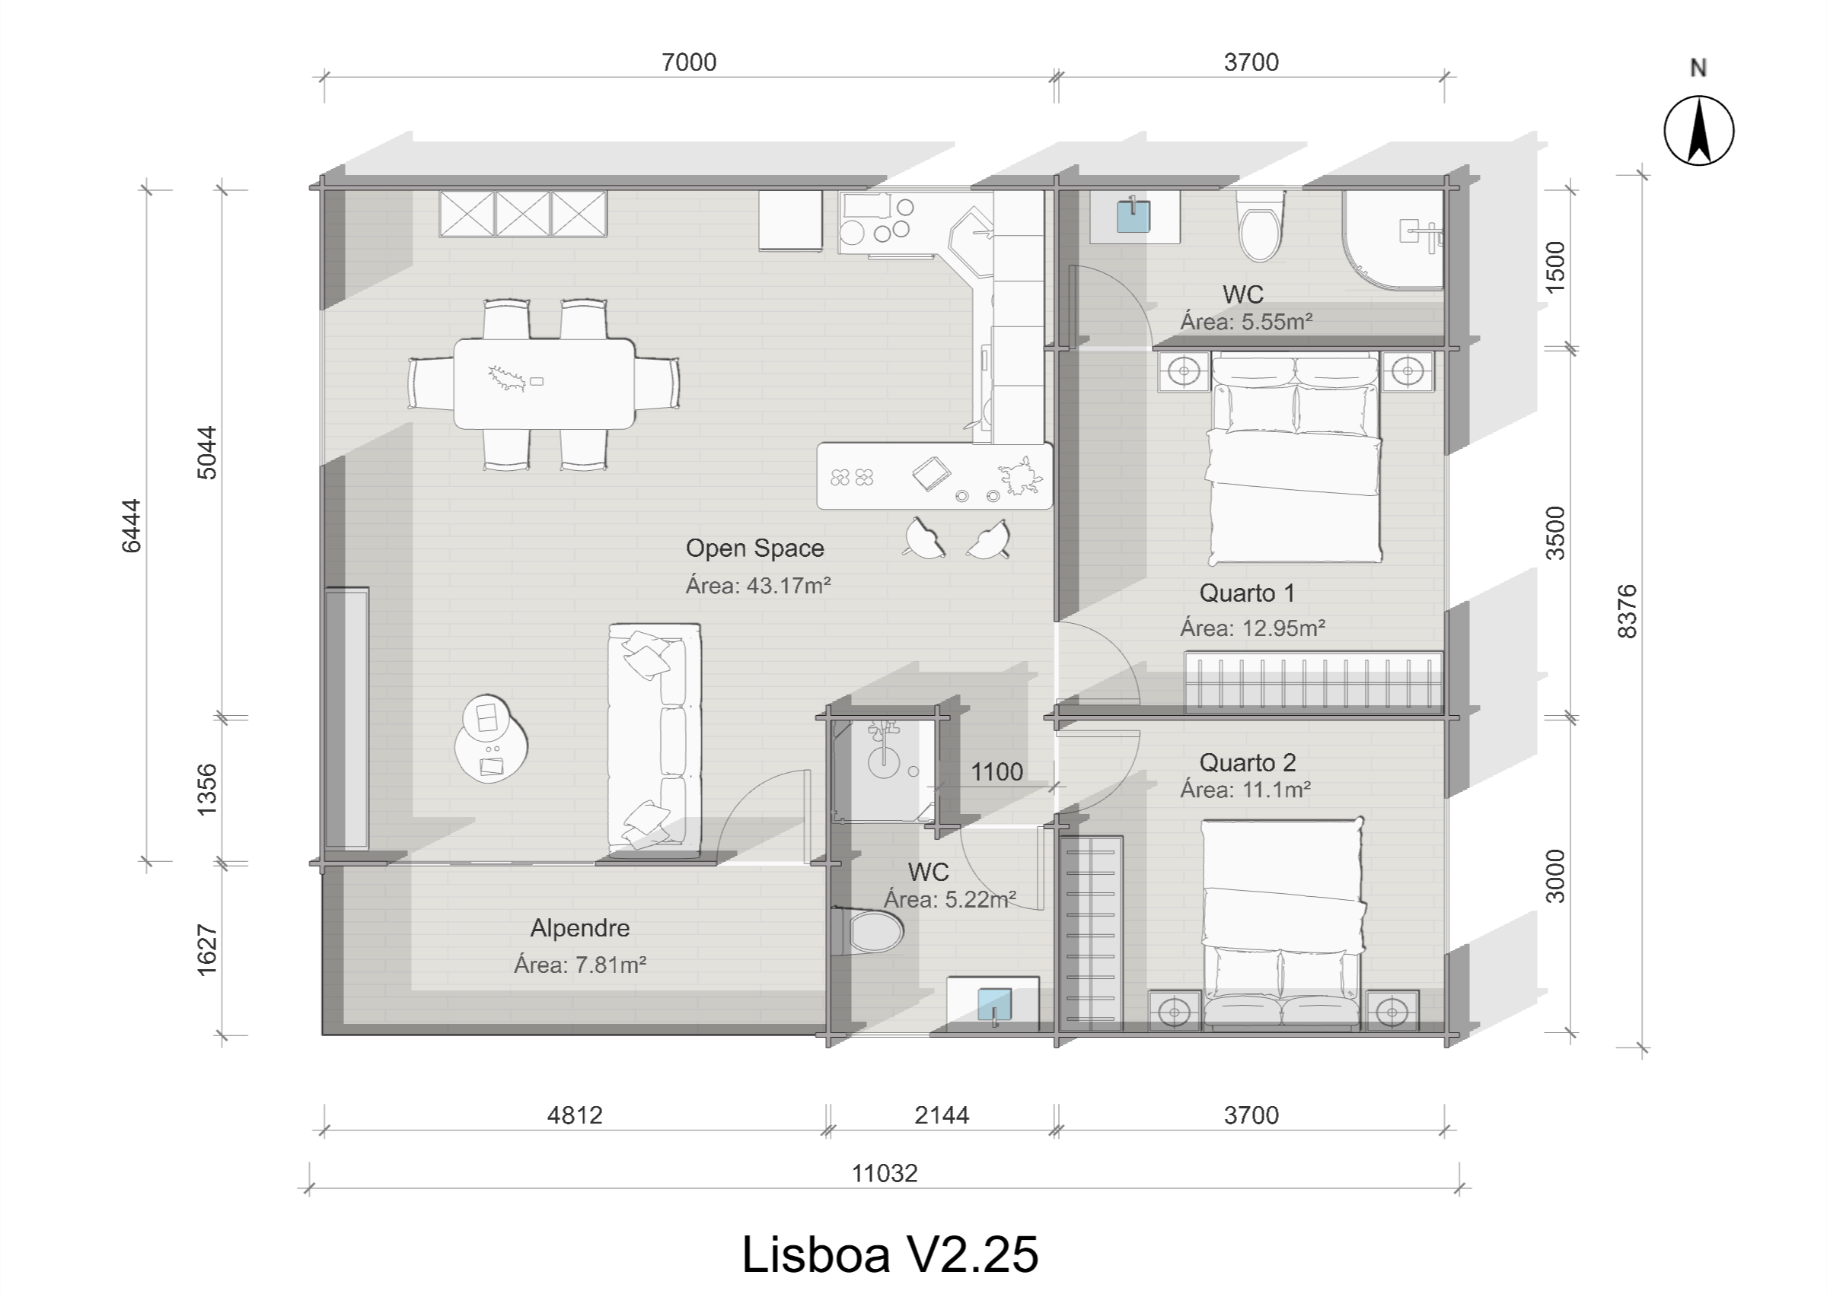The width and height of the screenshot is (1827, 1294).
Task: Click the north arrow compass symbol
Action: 1698,131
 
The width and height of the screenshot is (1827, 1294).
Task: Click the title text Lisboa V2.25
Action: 890,1254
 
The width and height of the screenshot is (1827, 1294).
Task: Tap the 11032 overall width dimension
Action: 884,1174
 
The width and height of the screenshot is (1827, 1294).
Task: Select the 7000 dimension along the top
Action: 689,62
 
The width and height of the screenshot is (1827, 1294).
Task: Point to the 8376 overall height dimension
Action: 1627,611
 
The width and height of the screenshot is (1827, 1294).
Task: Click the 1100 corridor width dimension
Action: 996,771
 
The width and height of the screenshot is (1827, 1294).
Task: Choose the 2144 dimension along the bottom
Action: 942,1114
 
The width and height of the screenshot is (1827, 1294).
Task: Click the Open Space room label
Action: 754,548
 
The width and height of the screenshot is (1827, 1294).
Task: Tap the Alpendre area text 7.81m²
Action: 579,965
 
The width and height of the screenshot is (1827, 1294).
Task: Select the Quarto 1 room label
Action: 1247,593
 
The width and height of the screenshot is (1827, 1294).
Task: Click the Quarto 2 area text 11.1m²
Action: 1245,790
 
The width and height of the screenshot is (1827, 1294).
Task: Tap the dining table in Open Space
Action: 544,383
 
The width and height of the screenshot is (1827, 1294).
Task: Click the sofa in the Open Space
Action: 654,737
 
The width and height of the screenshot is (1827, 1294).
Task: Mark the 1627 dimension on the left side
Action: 206,949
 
